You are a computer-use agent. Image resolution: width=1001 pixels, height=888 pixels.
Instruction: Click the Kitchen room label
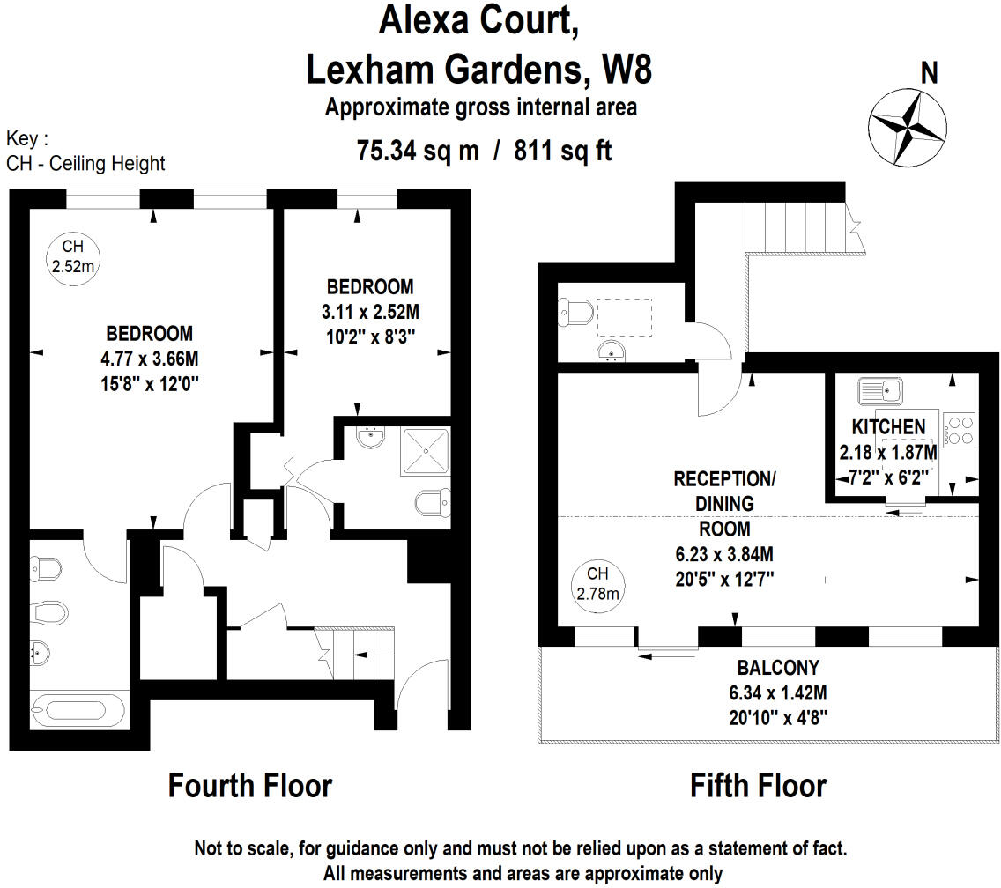pos(889,427)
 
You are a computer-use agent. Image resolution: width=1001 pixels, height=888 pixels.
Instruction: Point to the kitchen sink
pos(879,388)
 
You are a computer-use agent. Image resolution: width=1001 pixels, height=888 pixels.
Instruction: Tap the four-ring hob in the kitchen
pos(959,431)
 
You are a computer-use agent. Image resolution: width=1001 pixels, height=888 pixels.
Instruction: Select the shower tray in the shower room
pos(426,451)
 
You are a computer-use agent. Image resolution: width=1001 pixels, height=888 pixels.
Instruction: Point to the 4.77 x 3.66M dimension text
pos(150,359)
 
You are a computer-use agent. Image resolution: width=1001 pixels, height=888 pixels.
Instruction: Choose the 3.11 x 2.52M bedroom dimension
pos(370,311)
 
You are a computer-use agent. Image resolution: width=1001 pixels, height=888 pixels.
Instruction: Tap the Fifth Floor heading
pos(758,785)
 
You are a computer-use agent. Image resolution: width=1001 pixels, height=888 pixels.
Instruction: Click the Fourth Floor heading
pos(250,785)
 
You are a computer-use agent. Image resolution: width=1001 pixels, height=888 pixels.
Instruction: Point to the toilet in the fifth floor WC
pos(576,312)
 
